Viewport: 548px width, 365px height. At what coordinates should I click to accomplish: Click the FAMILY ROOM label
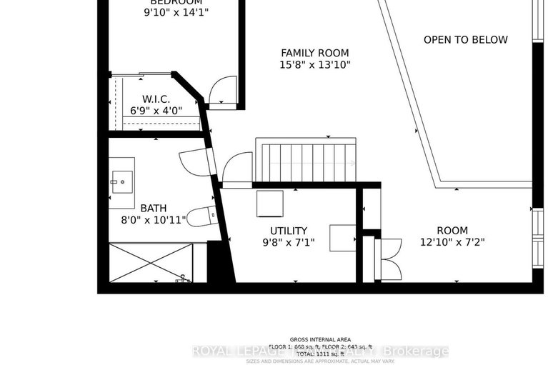(x=314, y=53)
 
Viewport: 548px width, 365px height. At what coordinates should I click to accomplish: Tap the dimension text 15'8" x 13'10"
(x=314, y=65)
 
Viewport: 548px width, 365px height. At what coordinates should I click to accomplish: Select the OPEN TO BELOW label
(x=465, y=40)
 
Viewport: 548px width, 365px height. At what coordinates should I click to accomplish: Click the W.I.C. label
(x=155, y=99)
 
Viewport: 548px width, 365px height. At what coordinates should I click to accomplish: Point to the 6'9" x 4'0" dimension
(x=155, y=111)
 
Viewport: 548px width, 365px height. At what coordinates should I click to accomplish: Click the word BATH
(x=153, y=208)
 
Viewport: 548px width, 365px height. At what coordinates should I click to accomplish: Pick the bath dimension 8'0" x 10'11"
(x=153, y=220)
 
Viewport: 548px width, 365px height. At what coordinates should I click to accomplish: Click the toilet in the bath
(x=204, y=215)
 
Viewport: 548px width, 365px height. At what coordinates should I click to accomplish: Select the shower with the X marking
(x=151, y=262)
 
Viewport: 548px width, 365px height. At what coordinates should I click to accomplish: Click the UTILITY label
(x=288, y=231)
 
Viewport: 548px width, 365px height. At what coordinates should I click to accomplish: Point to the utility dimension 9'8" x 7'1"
(x=288, y=243)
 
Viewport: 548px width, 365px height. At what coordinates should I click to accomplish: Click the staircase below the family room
(x=305, y=163)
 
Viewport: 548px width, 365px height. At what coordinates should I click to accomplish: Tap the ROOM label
(x=452, y=231)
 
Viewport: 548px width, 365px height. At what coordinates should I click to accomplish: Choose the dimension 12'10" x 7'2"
(x=452, y=243)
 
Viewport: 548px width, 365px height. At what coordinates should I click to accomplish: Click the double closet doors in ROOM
(x=390, y=259)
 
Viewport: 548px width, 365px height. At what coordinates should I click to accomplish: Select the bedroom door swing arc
(x=222, y=91)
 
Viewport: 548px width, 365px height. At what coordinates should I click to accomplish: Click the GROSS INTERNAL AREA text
(x=320, y=339)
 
